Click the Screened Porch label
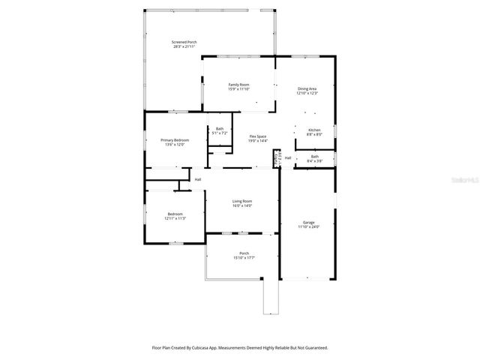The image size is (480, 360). click(x=184, y=42)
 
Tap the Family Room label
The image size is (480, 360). click(x=238, y=85)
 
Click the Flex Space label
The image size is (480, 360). click(x=258, y=136)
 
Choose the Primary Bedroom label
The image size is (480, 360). click(x=175, y=140)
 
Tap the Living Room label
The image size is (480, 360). click(x=241, y=201)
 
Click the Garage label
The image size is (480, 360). click(x=308, y=222)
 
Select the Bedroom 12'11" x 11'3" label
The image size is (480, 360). click(x=175, y=214)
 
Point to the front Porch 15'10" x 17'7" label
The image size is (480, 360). click(x=244, y=253)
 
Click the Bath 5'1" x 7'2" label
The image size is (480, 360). click(x=220, y=129)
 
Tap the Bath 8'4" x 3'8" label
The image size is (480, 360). click(x=315, y=156)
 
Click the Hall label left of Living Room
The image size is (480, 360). click(x=198, y=179)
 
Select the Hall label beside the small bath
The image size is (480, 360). click(x=288, y=157)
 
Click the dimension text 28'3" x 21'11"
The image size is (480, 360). click(x=184, y=46)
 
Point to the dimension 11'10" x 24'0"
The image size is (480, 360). click(x=308, y=226)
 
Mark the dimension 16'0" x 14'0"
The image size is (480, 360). click(x=241, y=205)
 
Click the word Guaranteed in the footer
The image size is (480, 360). click(x=315, y=348)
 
